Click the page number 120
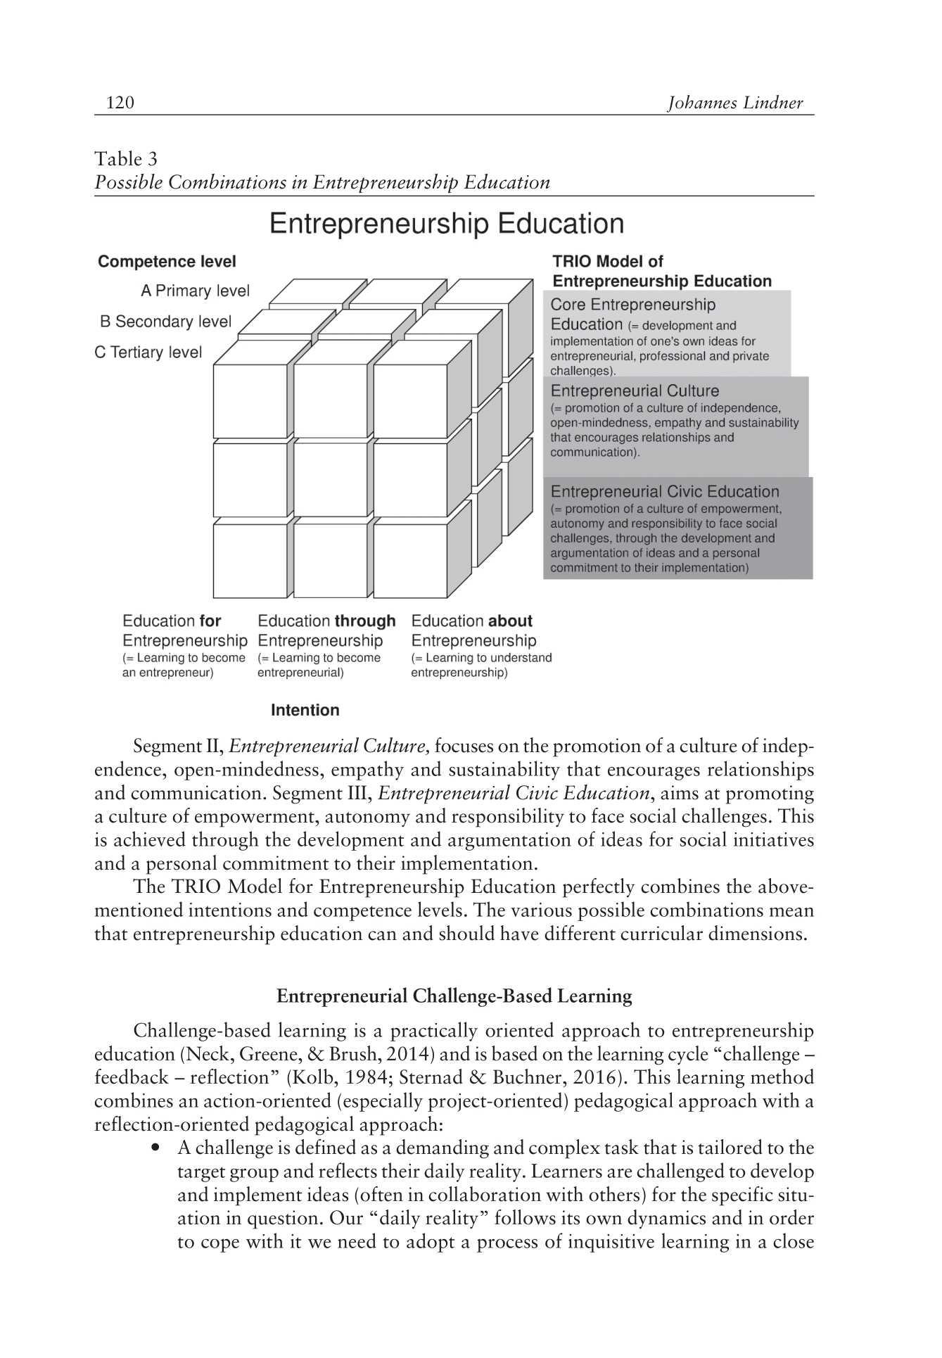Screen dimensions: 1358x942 coord(120,103)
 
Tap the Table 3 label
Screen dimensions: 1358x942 coord(127,159)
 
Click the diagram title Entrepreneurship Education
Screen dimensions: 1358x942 coord(447,224)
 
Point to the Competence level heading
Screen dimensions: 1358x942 coord(167,262)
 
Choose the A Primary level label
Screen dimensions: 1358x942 coord(195,291)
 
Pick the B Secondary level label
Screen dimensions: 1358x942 coord(165,322)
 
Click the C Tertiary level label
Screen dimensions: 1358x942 coord(148,352)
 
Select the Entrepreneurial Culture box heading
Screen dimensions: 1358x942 coord(635,391)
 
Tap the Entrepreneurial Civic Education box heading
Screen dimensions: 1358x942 coord(665,492)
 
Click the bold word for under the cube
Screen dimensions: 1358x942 coord(210,621)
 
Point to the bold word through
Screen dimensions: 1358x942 coord(365,621)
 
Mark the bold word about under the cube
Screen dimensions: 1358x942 coord(510,621)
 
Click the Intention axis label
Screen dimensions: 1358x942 coord(305,711)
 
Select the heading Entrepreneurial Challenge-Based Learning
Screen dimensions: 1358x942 coord(454,996)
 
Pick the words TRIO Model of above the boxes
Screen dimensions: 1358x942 coord(608,262)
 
